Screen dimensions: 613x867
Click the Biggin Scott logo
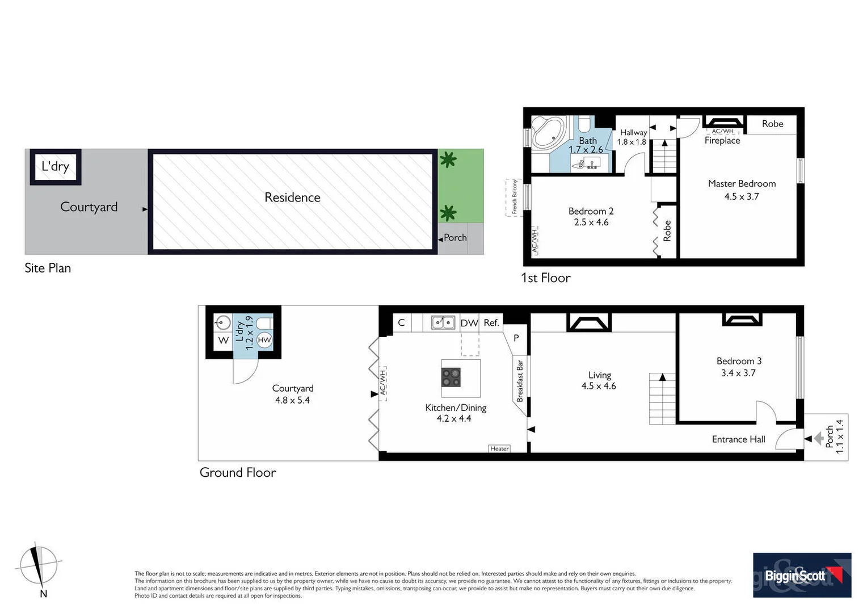point(801,575)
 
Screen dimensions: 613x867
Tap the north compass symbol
point(38,566)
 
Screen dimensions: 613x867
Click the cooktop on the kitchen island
point(452,377)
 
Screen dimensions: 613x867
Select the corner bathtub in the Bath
point(548,132)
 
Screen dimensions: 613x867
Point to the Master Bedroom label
point(741,183)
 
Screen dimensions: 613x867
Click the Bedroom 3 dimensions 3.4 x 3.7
point(738,373)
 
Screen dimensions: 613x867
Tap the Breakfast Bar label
point(520,380)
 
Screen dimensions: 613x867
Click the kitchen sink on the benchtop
point(443,322)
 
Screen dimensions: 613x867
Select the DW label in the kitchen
point(469,323)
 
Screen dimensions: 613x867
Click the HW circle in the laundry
point(264,340)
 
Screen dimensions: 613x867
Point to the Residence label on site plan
point(292,198)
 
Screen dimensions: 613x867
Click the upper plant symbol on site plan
point(448,160)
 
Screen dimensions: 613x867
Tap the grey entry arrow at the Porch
point(818,439)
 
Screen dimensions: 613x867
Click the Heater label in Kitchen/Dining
point(499,448)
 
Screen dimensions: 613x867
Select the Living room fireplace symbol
point(589,322)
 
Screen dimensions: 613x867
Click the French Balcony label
point(514,197)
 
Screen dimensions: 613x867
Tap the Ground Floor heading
point(237,472)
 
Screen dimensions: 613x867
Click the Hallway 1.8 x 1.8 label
point(632,137)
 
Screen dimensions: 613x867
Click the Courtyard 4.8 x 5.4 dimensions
point(292,400)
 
